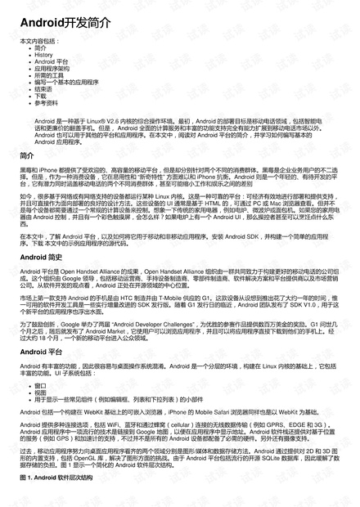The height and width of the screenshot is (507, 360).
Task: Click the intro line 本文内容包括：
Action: (x=39, y=40)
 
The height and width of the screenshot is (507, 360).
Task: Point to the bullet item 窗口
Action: (x=40, y=384)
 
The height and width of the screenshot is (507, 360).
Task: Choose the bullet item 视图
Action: (x=40, y=392)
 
